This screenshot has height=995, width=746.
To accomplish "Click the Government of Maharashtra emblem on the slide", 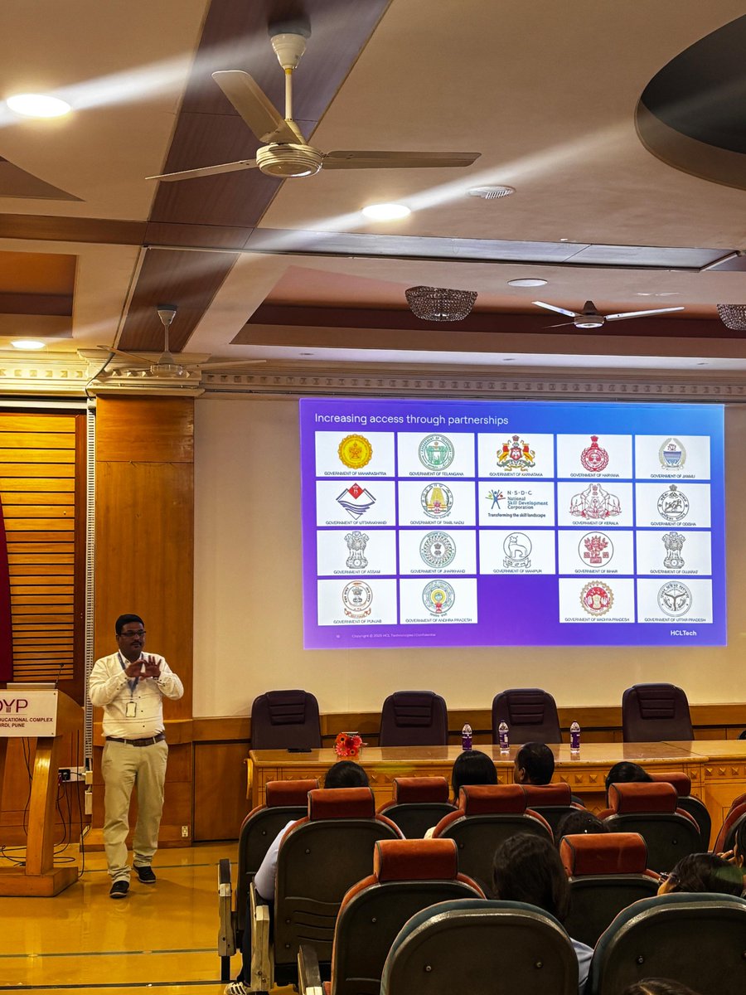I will pyautogui.click(x=355, y=451).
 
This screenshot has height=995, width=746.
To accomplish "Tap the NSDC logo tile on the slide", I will pyautogui.click(x=516, y=502).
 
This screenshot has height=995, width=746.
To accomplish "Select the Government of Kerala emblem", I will pyautogui.click(x=594, y=502).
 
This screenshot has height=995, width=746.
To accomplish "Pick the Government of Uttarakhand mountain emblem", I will pyautogui.click(x=355, y=501).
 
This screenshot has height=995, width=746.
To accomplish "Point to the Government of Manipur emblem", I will pyautogui.click(x=516, y=551).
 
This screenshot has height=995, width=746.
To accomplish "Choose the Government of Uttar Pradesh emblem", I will pyautogui.click(x=674, y=599).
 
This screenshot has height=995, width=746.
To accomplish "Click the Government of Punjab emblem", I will pyautogui.click(x=357, y=599).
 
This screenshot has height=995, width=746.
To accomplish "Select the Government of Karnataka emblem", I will pyautogui.click(x=516, y=454).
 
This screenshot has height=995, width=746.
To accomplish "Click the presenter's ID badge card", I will pyautogui.click(x=131, y=707).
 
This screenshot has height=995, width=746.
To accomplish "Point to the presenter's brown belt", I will pyautogui.click(x=134, y=740).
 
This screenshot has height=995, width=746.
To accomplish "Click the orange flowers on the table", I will pyautogui.click(x=347, y=744).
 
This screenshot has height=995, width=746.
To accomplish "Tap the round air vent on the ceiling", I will pyautogui.click(x=491, y=192).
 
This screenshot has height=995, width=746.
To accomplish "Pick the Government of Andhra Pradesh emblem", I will pyautogui.click(x=438, y=597).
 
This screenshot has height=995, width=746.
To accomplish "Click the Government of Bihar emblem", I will pyautogui.click(x=594, y=551).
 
